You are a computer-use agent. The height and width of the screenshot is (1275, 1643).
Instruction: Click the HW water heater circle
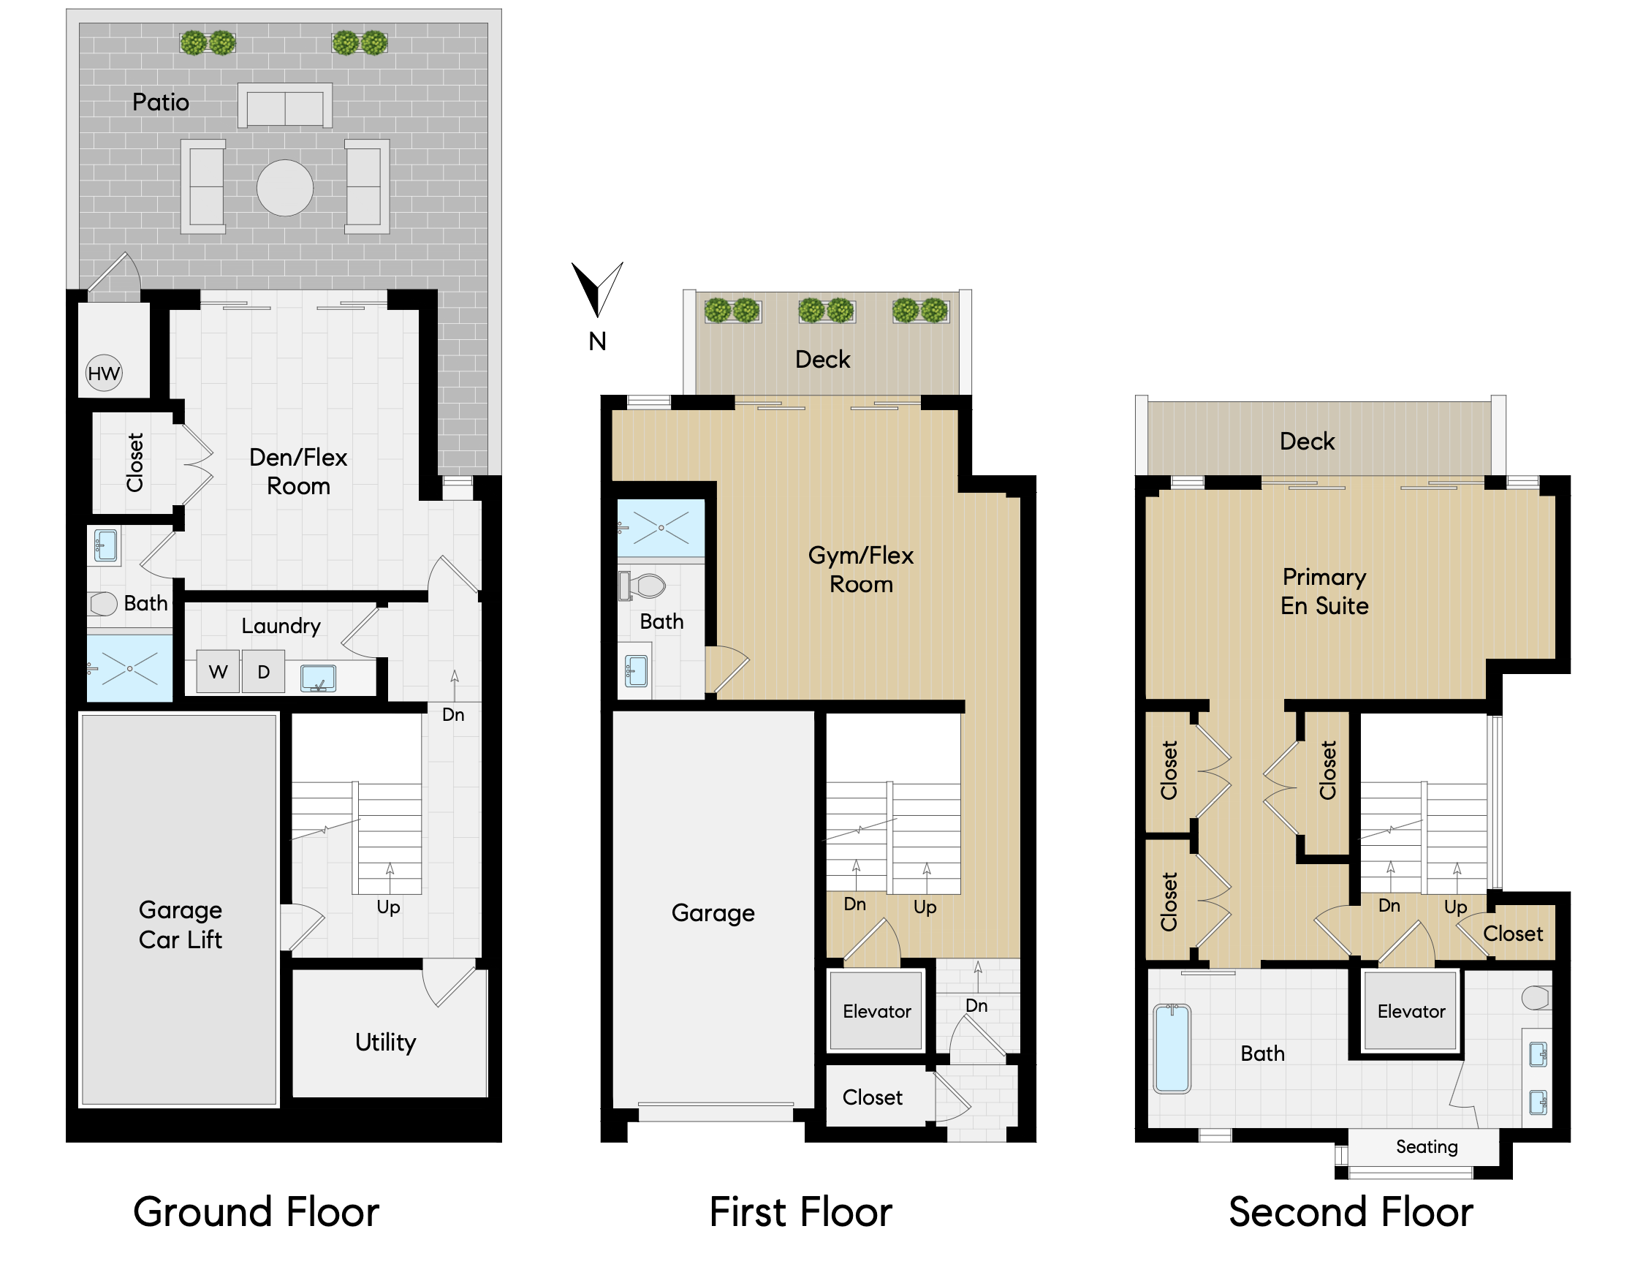coord(104,374)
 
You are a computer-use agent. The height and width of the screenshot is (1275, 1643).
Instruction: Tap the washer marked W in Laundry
coord(218,671)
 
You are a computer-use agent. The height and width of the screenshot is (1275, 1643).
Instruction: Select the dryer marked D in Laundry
coord(264,671)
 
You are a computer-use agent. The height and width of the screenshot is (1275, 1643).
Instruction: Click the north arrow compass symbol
coord(597,289)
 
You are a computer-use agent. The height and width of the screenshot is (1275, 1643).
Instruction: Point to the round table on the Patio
coord(285,188)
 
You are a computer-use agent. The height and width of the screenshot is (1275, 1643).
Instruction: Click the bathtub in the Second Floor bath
coord(1172,1048)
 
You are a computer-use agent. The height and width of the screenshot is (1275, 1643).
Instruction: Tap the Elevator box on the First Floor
coord(876,1011)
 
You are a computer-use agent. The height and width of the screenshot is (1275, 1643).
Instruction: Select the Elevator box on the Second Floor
coord(1411,1011)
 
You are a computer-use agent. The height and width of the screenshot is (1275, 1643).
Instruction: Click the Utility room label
coord(385,1043)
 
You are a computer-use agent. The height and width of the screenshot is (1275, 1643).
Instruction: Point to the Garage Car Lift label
coord(181,924)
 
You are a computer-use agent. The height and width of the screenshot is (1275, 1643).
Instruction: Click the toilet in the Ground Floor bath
coord(102,604)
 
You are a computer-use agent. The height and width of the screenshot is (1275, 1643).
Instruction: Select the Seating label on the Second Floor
coord(1427,1146)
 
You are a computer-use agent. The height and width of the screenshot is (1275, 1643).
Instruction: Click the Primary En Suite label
coord(1324,591)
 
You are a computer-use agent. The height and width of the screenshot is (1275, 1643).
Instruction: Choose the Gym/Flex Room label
coord(861,570)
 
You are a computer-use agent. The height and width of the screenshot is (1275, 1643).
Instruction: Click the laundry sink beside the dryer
coord(318,678)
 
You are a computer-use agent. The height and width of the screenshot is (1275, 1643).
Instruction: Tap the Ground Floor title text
coord(256,1212)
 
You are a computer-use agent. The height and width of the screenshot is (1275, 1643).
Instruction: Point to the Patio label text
coord(160,102)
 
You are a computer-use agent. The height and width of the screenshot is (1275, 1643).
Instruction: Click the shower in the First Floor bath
coord(661,528)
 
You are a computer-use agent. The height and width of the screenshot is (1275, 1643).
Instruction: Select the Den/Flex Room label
coord(299,471)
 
